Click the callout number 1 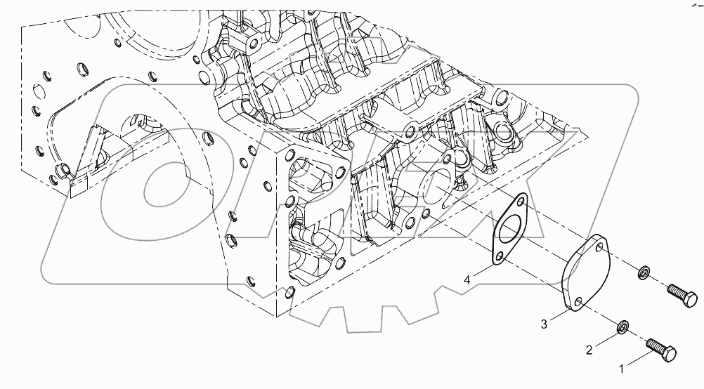click(622, 367)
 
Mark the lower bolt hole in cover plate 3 click(578, 303)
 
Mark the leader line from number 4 click(480, 272)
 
